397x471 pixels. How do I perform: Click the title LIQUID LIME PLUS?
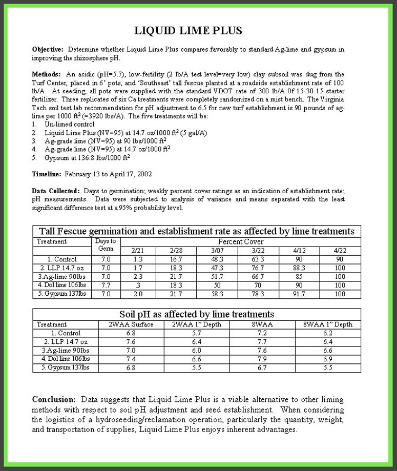[x=188, y=31]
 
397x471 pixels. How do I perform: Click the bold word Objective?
[x=47, y=50]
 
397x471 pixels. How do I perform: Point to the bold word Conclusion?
[x=54, y=399]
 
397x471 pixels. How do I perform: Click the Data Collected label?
[x=55, y=191]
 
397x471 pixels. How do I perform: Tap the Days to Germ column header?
[x=106, y=245]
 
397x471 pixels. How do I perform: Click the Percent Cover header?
[x=241, y=241]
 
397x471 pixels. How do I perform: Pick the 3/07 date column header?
[x=218, y=250]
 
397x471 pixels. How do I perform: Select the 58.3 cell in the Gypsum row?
[x=218, y=294]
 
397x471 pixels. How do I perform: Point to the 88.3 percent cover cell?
[x=299, y=268]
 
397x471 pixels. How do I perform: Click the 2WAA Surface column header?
[x=131, y=324]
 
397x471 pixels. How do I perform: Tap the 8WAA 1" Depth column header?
[x=328, y=324]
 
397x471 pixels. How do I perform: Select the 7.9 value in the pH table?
[x=262, y=359]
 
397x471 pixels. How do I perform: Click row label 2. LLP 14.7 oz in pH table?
[x=66, y=342]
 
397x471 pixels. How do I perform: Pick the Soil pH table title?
[x=197, y=314]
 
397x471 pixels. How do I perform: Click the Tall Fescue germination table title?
[x=197, y=231]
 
